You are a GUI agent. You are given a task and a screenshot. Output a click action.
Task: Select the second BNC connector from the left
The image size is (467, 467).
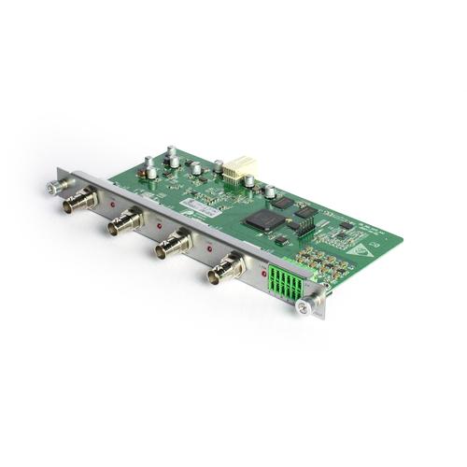(x=127, y=222)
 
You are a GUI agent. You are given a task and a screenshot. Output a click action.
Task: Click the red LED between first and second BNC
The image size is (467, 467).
(x=112, y=202)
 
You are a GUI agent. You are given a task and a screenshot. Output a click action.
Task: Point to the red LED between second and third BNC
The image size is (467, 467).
(x=159, y=225)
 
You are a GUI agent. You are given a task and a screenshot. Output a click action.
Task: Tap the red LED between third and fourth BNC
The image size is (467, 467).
(x=208, y=249)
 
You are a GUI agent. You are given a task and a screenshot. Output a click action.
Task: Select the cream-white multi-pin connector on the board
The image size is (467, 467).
(x=244, y=172)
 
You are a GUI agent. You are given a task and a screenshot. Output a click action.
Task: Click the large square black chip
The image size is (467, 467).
(x=264, y=220)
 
